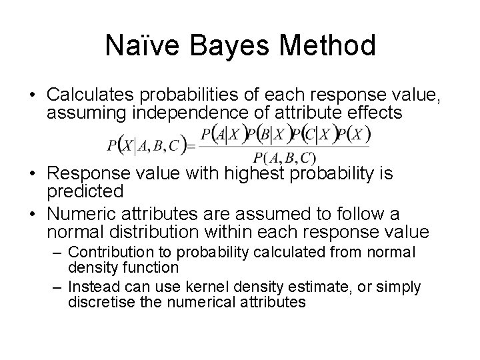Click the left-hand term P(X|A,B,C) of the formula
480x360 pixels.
tap(142, 145)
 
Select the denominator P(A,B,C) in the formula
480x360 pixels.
tap(283, 158)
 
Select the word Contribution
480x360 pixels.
tap(111, 253)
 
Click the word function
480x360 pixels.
tap(151, 268)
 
